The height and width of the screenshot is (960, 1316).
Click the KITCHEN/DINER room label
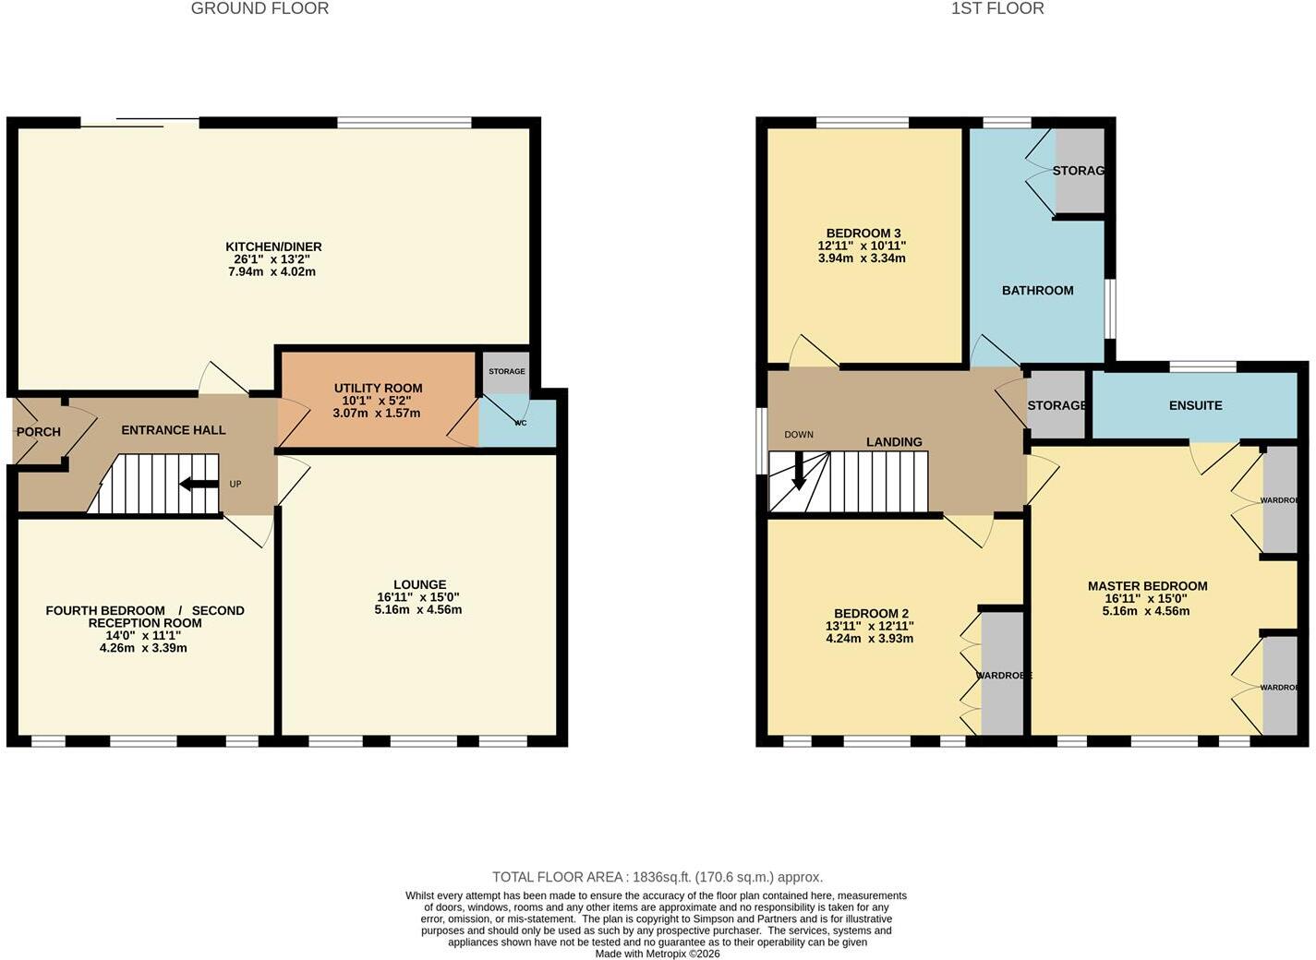click(x=273, y=246)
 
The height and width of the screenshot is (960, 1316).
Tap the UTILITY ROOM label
click(x=378, y=388)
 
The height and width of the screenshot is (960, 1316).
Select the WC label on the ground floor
click(x=521, y=423)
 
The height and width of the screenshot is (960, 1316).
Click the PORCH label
click(x=39, y=432)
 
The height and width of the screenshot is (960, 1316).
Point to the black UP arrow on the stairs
click(x=199, y=484)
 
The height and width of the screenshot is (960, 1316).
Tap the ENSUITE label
click(x=1196, y=406)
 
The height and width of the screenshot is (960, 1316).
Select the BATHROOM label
click(x=1037, y=291)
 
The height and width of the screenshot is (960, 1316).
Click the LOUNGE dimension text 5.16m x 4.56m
click(x=418, y=609)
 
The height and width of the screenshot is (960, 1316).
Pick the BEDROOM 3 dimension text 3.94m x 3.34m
click(x=862, y=258)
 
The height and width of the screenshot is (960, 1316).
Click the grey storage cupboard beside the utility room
click(x=506, y=372)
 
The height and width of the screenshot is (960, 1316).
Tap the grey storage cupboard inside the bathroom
click(x=1081, y=171)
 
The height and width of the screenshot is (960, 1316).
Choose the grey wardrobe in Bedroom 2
click(x=1002, y=674)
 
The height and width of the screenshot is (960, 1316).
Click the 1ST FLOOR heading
click(x=997, y=9)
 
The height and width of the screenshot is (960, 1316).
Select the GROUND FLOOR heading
click(x=260, y=9)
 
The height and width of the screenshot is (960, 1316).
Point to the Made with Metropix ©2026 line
click(x=658, y=954)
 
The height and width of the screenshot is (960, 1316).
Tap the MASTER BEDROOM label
click(x=1146, y=586)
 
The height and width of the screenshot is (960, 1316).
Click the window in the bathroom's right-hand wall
click(x=1110, y=309)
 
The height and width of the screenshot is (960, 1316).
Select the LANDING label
click(x=894, y=442)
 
